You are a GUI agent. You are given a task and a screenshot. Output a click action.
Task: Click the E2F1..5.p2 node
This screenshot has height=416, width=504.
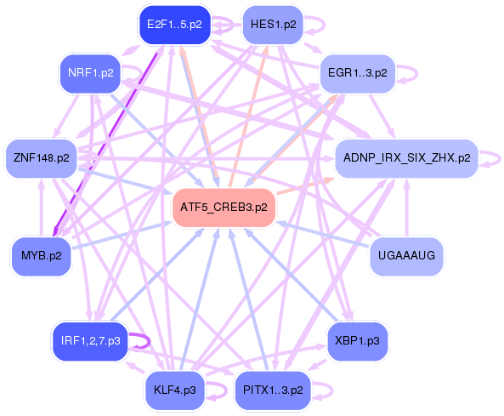coord(174,25)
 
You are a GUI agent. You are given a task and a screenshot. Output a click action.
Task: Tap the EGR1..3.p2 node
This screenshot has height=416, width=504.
coord(357,73)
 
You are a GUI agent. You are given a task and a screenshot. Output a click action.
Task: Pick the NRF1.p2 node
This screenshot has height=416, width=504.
coord(91,73)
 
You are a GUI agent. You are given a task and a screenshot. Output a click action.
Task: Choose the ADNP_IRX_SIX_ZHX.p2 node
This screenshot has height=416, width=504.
coord(405,158)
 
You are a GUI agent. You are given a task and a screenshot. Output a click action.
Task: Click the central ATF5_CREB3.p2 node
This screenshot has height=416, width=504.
coord(224,208)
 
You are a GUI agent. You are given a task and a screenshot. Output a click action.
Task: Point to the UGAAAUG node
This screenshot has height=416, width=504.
coord(406,255)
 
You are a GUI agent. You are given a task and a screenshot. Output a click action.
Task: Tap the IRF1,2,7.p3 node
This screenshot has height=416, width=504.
coord(90,341)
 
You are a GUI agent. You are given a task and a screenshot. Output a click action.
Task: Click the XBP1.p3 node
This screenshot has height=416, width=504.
coord(357,341)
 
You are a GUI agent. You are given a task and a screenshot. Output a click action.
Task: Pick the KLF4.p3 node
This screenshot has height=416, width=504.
coord(175,390)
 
